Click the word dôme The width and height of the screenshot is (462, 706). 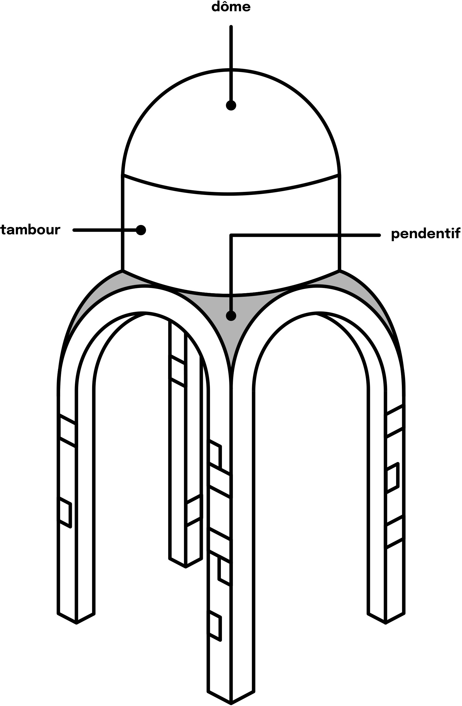tap(231, 7)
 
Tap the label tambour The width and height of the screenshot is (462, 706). tap(31, 230)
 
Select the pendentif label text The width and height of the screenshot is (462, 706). tap(426, 234)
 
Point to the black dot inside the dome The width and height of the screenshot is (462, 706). tap(231, 105)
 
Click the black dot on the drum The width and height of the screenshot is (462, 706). tap(141, 230)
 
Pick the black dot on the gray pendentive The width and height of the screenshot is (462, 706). tap(231, 316)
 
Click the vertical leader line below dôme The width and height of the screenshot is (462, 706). tap(231, 64)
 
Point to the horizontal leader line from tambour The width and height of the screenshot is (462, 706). tap(105, 230)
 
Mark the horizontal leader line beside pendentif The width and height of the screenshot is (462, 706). tap(305, 235)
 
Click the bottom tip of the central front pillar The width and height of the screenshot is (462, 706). tap(231, 703)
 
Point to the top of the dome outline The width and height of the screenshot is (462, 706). tap(231, 70)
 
